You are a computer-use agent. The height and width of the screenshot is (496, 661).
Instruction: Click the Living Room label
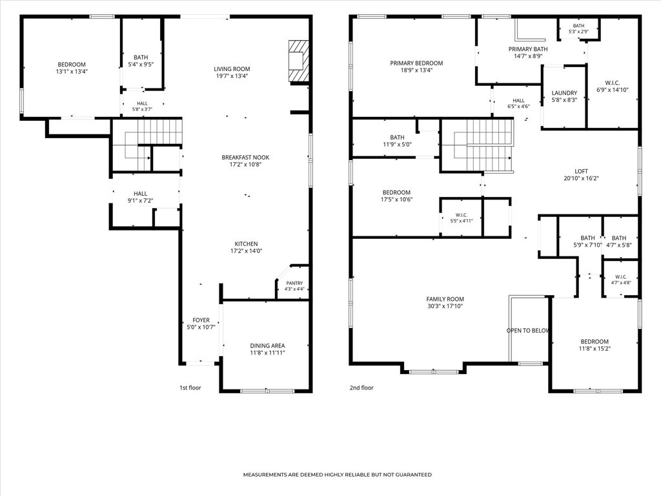232,69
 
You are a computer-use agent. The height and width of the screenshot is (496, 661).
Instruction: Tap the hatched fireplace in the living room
298,61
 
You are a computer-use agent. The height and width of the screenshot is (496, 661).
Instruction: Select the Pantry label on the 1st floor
294,284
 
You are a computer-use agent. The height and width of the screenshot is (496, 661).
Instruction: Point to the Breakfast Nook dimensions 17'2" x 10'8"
246,165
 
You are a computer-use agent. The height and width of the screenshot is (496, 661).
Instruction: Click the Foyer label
201,320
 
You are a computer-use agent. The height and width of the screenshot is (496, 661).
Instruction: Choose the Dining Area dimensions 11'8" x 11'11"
267,353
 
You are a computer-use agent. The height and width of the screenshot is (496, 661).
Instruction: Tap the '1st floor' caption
190,387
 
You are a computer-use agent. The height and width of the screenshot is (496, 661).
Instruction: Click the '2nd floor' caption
361,387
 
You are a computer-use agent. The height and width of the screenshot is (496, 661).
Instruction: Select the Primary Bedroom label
416,63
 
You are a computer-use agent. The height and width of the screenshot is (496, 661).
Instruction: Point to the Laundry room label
564,93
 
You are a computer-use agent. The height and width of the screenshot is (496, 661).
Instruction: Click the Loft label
582,171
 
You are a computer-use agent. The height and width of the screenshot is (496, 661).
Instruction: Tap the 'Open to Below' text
528,331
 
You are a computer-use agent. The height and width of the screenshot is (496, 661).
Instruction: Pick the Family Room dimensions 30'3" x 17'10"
445,306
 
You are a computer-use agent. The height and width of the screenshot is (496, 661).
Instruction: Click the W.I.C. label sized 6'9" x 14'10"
613,83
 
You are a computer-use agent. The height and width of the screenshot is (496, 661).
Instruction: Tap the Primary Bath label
528,49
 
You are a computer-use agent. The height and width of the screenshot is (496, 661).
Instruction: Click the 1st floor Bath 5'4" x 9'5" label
141,57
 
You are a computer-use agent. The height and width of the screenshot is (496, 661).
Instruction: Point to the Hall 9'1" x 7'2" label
140,194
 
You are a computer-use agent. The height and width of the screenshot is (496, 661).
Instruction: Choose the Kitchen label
246,243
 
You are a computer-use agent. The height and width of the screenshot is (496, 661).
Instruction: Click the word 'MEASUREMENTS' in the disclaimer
265,475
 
